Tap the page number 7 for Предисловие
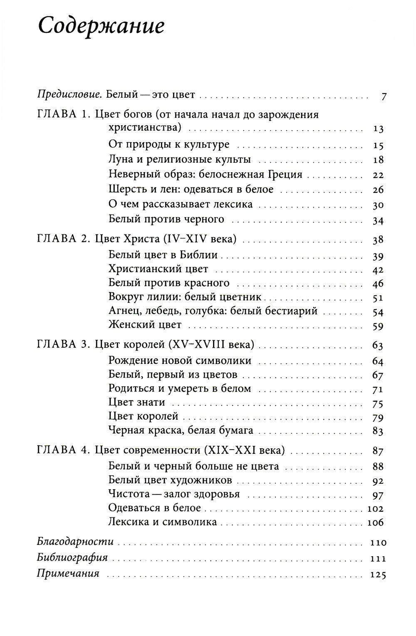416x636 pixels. [384, 97]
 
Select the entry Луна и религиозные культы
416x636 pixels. [179, 160]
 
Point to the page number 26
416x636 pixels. [378, 190]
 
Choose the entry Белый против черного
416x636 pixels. [166, 219]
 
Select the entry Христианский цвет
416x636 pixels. [158, 269]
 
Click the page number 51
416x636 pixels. [378, 297]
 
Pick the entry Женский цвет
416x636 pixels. [145, 324]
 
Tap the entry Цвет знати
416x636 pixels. [136, 402]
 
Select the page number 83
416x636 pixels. [378, 431]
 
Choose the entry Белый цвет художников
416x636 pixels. [170, 480]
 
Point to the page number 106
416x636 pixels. [375, 522]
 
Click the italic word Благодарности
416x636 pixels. [75, 542]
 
